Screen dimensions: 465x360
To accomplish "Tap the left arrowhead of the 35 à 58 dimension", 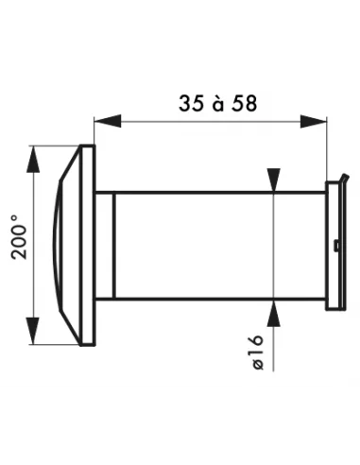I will click(105, 120).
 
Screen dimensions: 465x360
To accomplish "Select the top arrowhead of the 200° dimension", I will click(36, 156).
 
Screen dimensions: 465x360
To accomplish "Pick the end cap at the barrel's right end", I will click(333, 246).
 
